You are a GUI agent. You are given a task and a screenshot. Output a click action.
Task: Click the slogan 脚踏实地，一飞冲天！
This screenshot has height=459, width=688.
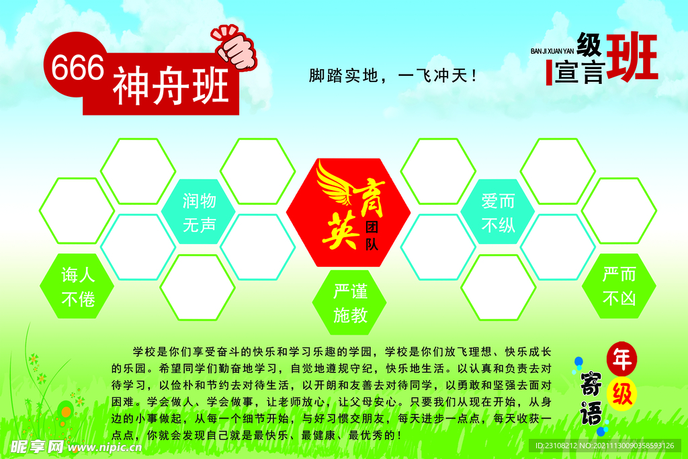click(x=393, y=75)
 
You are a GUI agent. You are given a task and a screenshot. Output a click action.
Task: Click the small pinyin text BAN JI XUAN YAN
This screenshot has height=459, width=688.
click(x=552, y=50)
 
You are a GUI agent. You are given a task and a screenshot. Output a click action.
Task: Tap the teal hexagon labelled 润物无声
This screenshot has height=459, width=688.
click(x=199, y=212)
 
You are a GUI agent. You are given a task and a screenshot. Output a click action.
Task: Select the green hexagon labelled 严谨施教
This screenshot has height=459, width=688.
click(x=350, y=303)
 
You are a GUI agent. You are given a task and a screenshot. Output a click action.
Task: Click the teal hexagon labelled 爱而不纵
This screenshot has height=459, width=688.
click(x=498, y=212)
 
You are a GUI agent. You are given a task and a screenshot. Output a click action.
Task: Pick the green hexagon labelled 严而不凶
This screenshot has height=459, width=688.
click(x=619, y=286)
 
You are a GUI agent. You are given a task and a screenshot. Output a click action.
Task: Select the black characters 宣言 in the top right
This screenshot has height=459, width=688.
click(x=580, y=73)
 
